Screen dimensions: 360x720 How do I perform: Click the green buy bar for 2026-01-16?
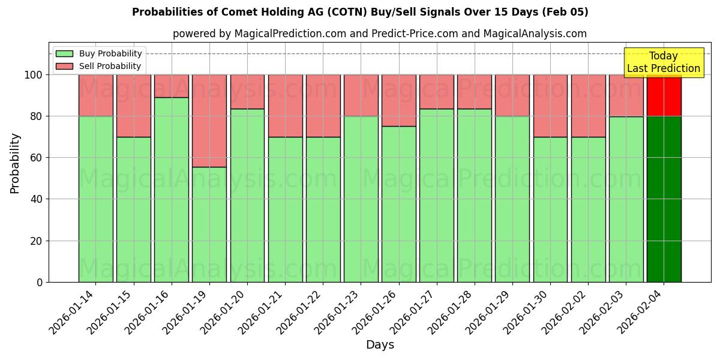pyautogui.click(x=171, y=190)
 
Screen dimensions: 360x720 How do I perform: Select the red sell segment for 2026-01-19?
pyautogui.click(x=209, y=121)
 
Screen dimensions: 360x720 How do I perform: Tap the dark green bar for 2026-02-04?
pyautogui.click(x=664, y=199)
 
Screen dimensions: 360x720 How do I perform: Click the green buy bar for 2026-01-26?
pyautogui.click(x=398, y=204)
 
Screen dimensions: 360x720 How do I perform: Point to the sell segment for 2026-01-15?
pyautogui.click(x=133, y=106)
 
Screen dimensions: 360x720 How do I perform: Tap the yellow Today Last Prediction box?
pyautogui.click(x=663, y=62)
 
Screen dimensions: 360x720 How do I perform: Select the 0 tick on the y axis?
pyautogui.click(x=40, y=282)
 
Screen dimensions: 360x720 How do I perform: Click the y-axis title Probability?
pyautogui.click(x=15, y=163)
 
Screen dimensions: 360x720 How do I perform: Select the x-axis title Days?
pyautogui.click(x=380, y=345)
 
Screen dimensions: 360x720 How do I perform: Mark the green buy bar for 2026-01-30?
pyautogui.click(x=550, y=209)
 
